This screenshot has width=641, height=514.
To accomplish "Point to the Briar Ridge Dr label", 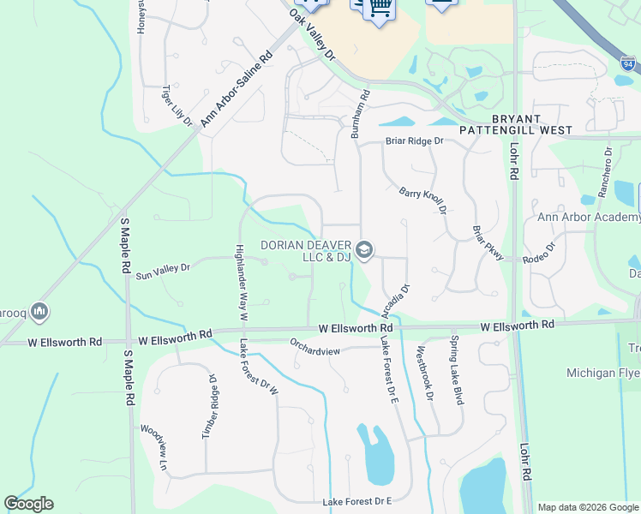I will tap(415, 140).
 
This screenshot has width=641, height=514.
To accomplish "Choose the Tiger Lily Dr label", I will tap(178, 105).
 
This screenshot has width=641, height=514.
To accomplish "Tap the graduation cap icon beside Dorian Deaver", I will tap(363, 249).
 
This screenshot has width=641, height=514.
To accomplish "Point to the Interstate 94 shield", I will tap(627, 63).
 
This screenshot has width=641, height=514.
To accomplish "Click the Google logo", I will tap(29, 504).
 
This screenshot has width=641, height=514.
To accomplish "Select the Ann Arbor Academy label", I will tap(589, 217).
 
